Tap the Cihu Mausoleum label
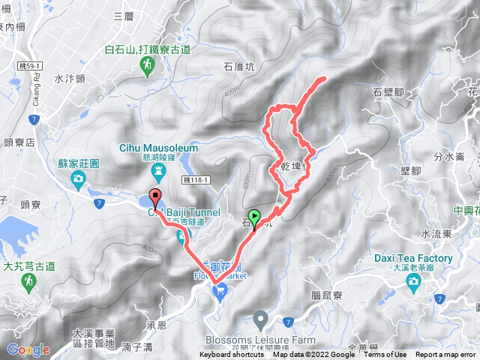[x=158, y=148]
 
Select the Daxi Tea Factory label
[x=413, y=259]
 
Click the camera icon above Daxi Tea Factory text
[x=413, y=280]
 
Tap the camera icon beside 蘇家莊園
[x=78, y=178]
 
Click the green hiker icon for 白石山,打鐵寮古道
[x=148, y=66]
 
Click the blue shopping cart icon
[x=220, y=289]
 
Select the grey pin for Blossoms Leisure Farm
[x=261, y=321]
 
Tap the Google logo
[x=28, y=349]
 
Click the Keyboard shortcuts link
[x=232, y=355]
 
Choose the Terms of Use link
[x=385, y=355]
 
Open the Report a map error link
[x=447, y=355]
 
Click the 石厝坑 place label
[x=239, y=67]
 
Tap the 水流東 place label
[x=436, y=234]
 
